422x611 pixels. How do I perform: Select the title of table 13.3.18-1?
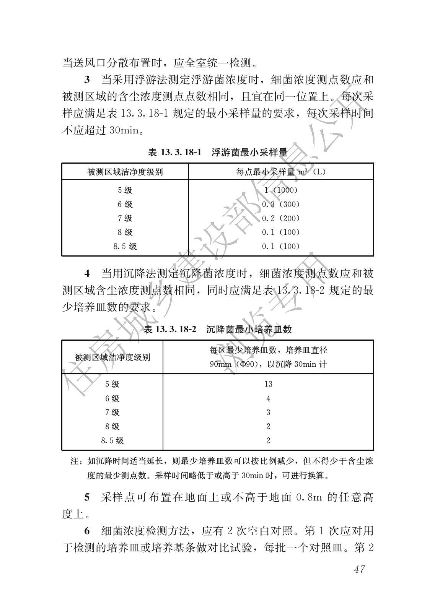[x=217, y=153]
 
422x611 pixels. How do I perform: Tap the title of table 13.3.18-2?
[x=217, y=329]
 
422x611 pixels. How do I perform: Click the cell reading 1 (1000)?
[x=281, y=190]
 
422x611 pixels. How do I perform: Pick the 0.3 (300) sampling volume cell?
[x=281, y=204]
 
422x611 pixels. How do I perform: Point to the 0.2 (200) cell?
[x=281, y=218]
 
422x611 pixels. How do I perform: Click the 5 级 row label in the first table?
[x=125, y=190]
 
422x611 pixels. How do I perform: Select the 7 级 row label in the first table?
[x=125, y=218]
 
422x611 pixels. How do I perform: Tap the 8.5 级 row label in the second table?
[x=112, y=440]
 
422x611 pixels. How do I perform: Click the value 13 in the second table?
[x=268, y=384]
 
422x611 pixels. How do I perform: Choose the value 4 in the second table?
[x=268, y=398]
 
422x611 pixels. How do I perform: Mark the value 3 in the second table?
[x=268, y=413]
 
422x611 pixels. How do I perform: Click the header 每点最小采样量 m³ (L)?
[x=281, y=172]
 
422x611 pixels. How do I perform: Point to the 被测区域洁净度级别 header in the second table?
[x=112, y=357]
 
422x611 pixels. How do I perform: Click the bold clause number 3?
[x=87, y=80]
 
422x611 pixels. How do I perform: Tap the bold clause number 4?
[x=87, y=274]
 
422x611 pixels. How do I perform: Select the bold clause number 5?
[x=87, y=497]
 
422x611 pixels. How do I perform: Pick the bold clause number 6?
[x=87, y=531]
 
